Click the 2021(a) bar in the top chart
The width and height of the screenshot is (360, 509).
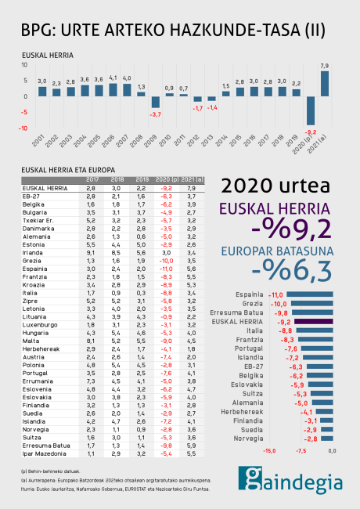[x=324, y=84]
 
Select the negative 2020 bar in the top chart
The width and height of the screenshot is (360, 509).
[x=311, y=110]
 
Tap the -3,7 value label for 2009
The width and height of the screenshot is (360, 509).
[x=156, y=114]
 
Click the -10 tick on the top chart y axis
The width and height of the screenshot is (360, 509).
[x=24, y=128]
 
